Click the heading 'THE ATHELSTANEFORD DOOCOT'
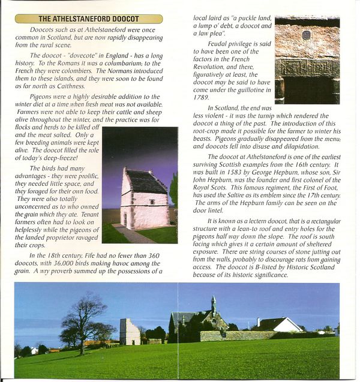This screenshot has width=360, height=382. [88, 19]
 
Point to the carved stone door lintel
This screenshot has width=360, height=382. [307, 68]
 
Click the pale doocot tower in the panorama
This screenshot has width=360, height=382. [129, 331]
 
